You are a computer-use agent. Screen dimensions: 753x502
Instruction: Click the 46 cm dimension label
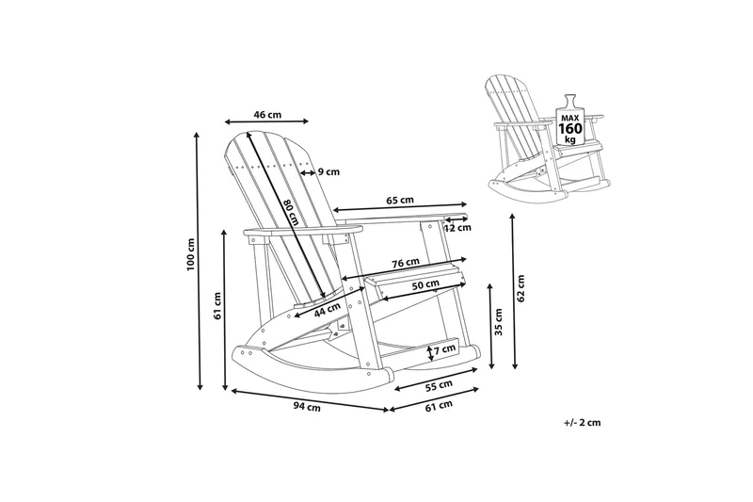pyautogui.click(x=267, y=115)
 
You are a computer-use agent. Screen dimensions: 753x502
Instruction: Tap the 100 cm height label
pyautogui.click(x=191, y=254)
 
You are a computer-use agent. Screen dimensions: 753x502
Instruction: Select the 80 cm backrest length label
pyautogui.click(x=291, y=212)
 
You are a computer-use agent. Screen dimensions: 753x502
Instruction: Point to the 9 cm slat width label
pyautogui.click(x=328, y=171)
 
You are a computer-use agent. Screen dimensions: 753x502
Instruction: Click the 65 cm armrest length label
pyautogui.click(x=400, y=200)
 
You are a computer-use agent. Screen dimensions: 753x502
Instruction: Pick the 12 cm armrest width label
pyautogui.click(x=457, y=228)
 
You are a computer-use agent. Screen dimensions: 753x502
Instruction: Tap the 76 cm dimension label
pyautogui.click(x=406, y=263)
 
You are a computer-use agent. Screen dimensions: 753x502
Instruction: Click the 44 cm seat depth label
pyautogui.click(x=327, y=310)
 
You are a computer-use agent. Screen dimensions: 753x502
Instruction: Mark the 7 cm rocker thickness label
pyautogui.click(x=444, y=349)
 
